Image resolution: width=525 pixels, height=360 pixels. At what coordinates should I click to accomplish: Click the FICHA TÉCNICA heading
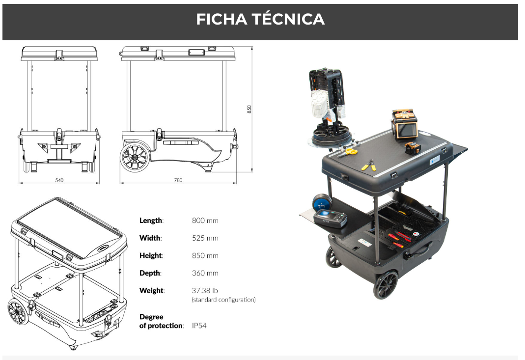(x=260, y=19)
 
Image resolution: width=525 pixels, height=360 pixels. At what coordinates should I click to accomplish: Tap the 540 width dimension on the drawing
(x=59, y=180)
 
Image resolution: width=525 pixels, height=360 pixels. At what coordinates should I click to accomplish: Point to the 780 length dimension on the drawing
(x=178, y=180)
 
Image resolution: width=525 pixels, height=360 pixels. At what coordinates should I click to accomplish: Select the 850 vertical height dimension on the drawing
(x=249, y=109)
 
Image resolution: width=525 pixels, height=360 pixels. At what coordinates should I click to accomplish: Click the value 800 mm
(x=205, y=221)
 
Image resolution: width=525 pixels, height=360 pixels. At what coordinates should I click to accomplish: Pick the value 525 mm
(x=205, y=238)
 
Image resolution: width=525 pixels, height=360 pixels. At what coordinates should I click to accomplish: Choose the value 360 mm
(x=205, y=273)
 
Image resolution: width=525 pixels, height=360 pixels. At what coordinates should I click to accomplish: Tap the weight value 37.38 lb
(x=205, y=291)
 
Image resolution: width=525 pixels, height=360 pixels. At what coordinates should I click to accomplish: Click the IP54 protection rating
(x=199, y=326)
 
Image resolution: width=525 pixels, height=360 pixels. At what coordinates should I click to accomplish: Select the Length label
(x=151, y=221)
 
